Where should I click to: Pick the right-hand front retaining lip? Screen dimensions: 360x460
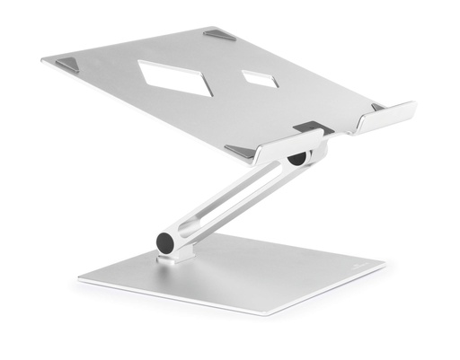pyautogui.click(x=386, y=116)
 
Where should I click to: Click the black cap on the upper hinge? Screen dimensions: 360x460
pyautogui.click(x=296, y=162)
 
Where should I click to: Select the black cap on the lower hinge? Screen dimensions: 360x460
pyautogui.click(x=166, y=242)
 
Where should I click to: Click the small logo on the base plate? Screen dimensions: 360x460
pyautogui.click(x=357, y=267)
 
